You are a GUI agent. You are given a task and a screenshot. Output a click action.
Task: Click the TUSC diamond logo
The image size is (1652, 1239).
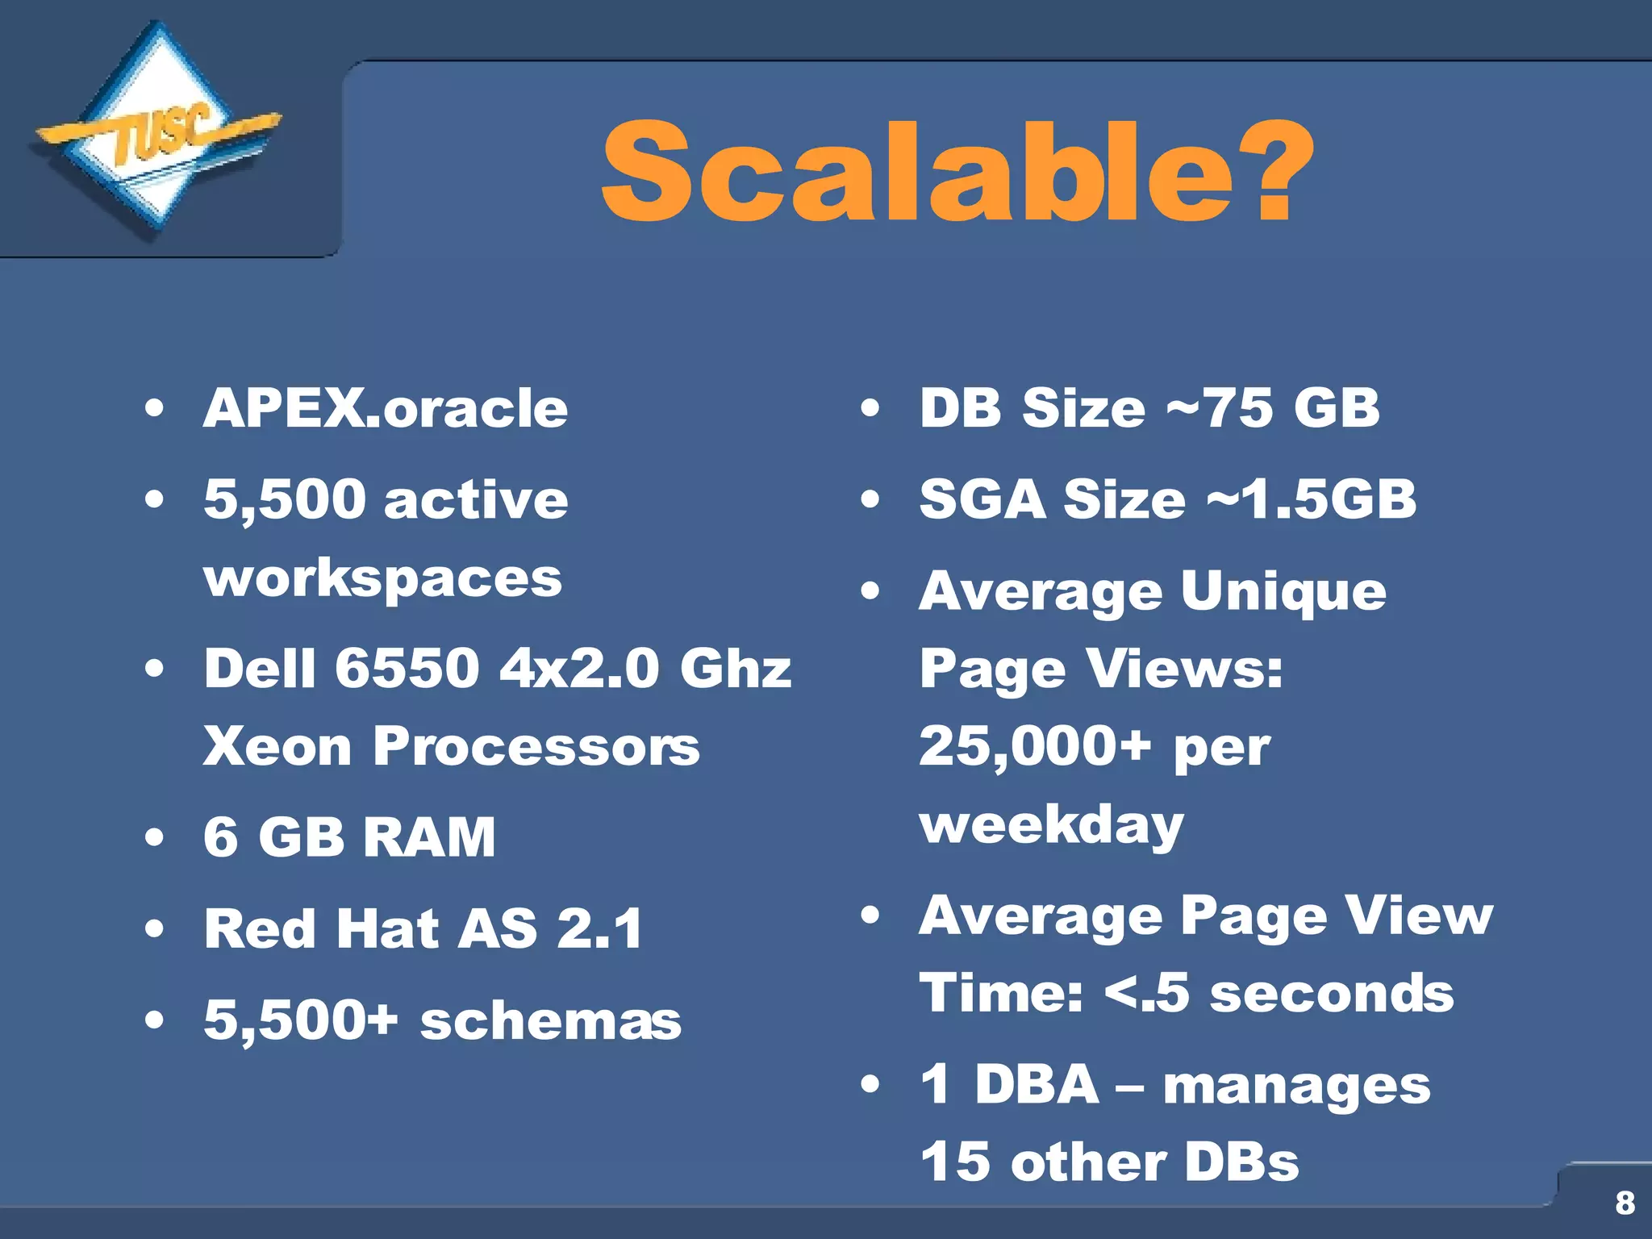(x=157, y=133)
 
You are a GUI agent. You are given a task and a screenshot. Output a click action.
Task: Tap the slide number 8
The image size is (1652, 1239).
(x=1625, y=1203)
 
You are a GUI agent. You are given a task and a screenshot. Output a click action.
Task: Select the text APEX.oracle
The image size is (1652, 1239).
(x=386, y=408)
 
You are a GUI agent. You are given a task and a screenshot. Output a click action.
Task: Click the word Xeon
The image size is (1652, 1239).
(x=277, y=746)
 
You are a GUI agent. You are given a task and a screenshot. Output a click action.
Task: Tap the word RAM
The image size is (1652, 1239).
(x=429, y=837)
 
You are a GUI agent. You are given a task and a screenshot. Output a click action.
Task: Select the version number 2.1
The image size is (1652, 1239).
(x=600, y=928)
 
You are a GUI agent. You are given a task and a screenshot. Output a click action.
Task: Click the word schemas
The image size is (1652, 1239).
(x=550, y=1021)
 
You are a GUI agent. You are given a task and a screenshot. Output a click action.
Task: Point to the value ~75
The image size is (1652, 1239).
(x=1220, y=408)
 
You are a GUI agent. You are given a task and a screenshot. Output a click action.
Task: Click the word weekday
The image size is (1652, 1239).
(x=1051, y=825)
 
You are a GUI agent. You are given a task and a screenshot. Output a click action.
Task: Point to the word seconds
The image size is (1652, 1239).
(x=1332, y=994)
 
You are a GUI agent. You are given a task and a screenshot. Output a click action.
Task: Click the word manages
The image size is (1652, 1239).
(x=1296, y=1086)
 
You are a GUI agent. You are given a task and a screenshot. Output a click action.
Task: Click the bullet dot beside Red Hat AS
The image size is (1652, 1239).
(x=154, y=928)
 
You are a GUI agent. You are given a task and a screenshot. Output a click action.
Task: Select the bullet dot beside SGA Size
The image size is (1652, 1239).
(x=870, y=499)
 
